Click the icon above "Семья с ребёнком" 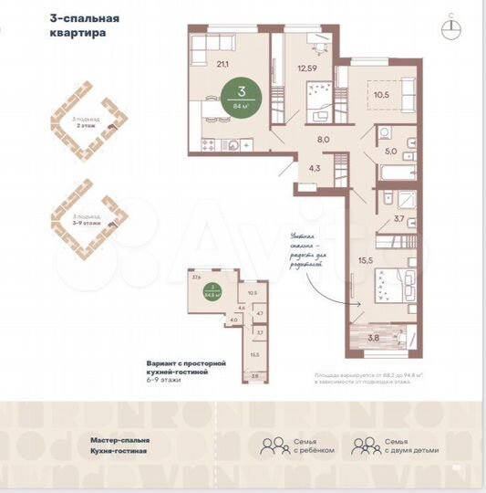(272, 446)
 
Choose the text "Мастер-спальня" (119, 440)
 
